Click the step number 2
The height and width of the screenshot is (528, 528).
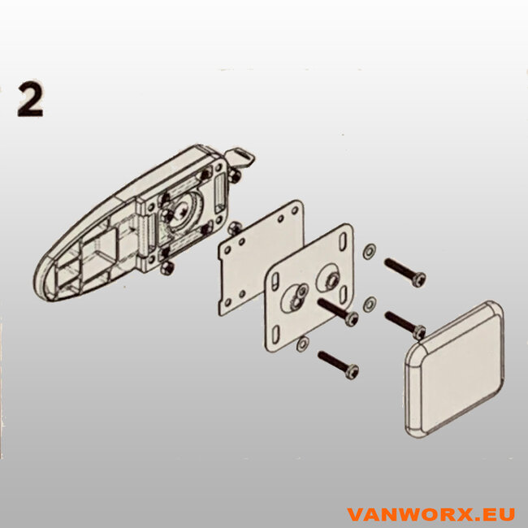click(30, 100)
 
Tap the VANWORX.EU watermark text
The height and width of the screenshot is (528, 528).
click(430, 514)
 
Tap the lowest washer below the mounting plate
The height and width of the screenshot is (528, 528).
click(302, 344)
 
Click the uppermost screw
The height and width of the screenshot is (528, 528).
click(404, 271)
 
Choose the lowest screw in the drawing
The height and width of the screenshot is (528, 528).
click(337, 363)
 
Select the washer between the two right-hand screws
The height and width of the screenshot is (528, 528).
click(370, 304)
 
